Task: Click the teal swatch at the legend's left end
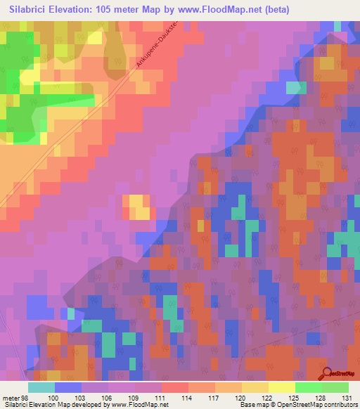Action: (x=41, y=387)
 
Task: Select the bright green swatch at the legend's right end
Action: (x=335, y=387)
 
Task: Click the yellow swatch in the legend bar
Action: (x=281, y=387)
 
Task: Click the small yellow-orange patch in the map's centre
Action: (x=138, y=207)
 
